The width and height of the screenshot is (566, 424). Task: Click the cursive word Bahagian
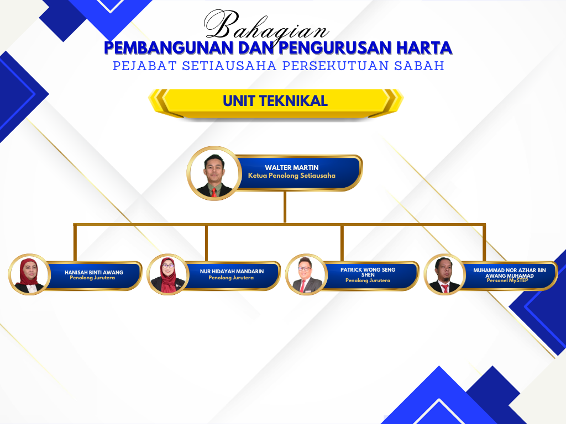click(x=266, y=26)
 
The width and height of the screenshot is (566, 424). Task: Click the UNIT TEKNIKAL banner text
click(x=275, y=101)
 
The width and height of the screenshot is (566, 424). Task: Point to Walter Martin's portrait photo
click(x=214, y=173)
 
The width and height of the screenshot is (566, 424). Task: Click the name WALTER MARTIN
click(x=292, y=168)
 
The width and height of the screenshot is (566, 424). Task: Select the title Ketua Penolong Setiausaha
click(x=292, y=176)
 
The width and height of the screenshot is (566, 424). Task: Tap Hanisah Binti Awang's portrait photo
click(x=30, y=274)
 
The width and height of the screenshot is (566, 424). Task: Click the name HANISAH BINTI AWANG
click(x=94, y=272)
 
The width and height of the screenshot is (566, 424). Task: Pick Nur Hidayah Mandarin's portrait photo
click(x=168, y=274)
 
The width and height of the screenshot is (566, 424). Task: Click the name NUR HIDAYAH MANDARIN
click(x=232, y=271)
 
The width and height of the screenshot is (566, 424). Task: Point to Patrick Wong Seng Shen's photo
click(x=306, y=274)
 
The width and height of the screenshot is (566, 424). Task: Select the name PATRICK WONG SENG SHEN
click(x=368, y=272)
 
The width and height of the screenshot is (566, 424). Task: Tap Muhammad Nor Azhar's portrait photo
click(x=445, y=274)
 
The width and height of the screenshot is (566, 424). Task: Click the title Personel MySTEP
click(x=507, y=280)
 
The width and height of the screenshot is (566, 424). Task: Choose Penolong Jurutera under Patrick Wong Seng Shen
click(x=368, y=280)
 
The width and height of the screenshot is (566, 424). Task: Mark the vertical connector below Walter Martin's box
click(x=285, y=207)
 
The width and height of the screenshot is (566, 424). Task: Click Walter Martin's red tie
click(x=214, y=192)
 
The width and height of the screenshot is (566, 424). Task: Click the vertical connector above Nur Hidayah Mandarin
click(x=207, y=243)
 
